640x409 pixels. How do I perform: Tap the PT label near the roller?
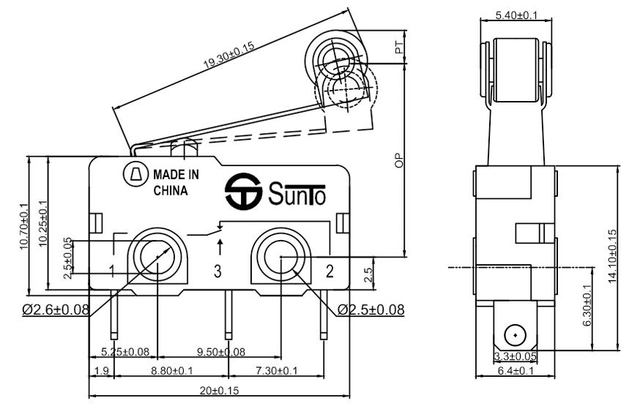[399, 48]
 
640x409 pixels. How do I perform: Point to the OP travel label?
[399, 161]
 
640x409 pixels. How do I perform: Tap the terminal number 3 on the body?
[217, 272]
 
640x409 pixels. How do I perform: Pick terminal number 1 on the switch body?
[112, 272]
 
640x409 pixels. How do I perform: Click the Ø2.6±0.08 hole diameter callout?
[56, 309]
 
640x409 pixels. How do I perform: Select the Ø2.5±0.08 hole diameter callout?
[371, 309]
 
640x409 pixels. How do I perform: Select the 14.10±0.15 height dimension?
[612, 257]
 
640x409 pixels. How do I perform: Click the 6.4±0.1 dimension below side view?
[516, 371]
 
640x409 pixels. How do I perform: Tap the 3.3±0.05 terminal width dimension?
[516, 356]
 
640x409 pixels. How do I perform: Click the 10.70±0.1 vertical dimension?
[23, 227]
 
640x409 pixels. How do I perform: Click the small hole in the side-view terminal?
[516, 336]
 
